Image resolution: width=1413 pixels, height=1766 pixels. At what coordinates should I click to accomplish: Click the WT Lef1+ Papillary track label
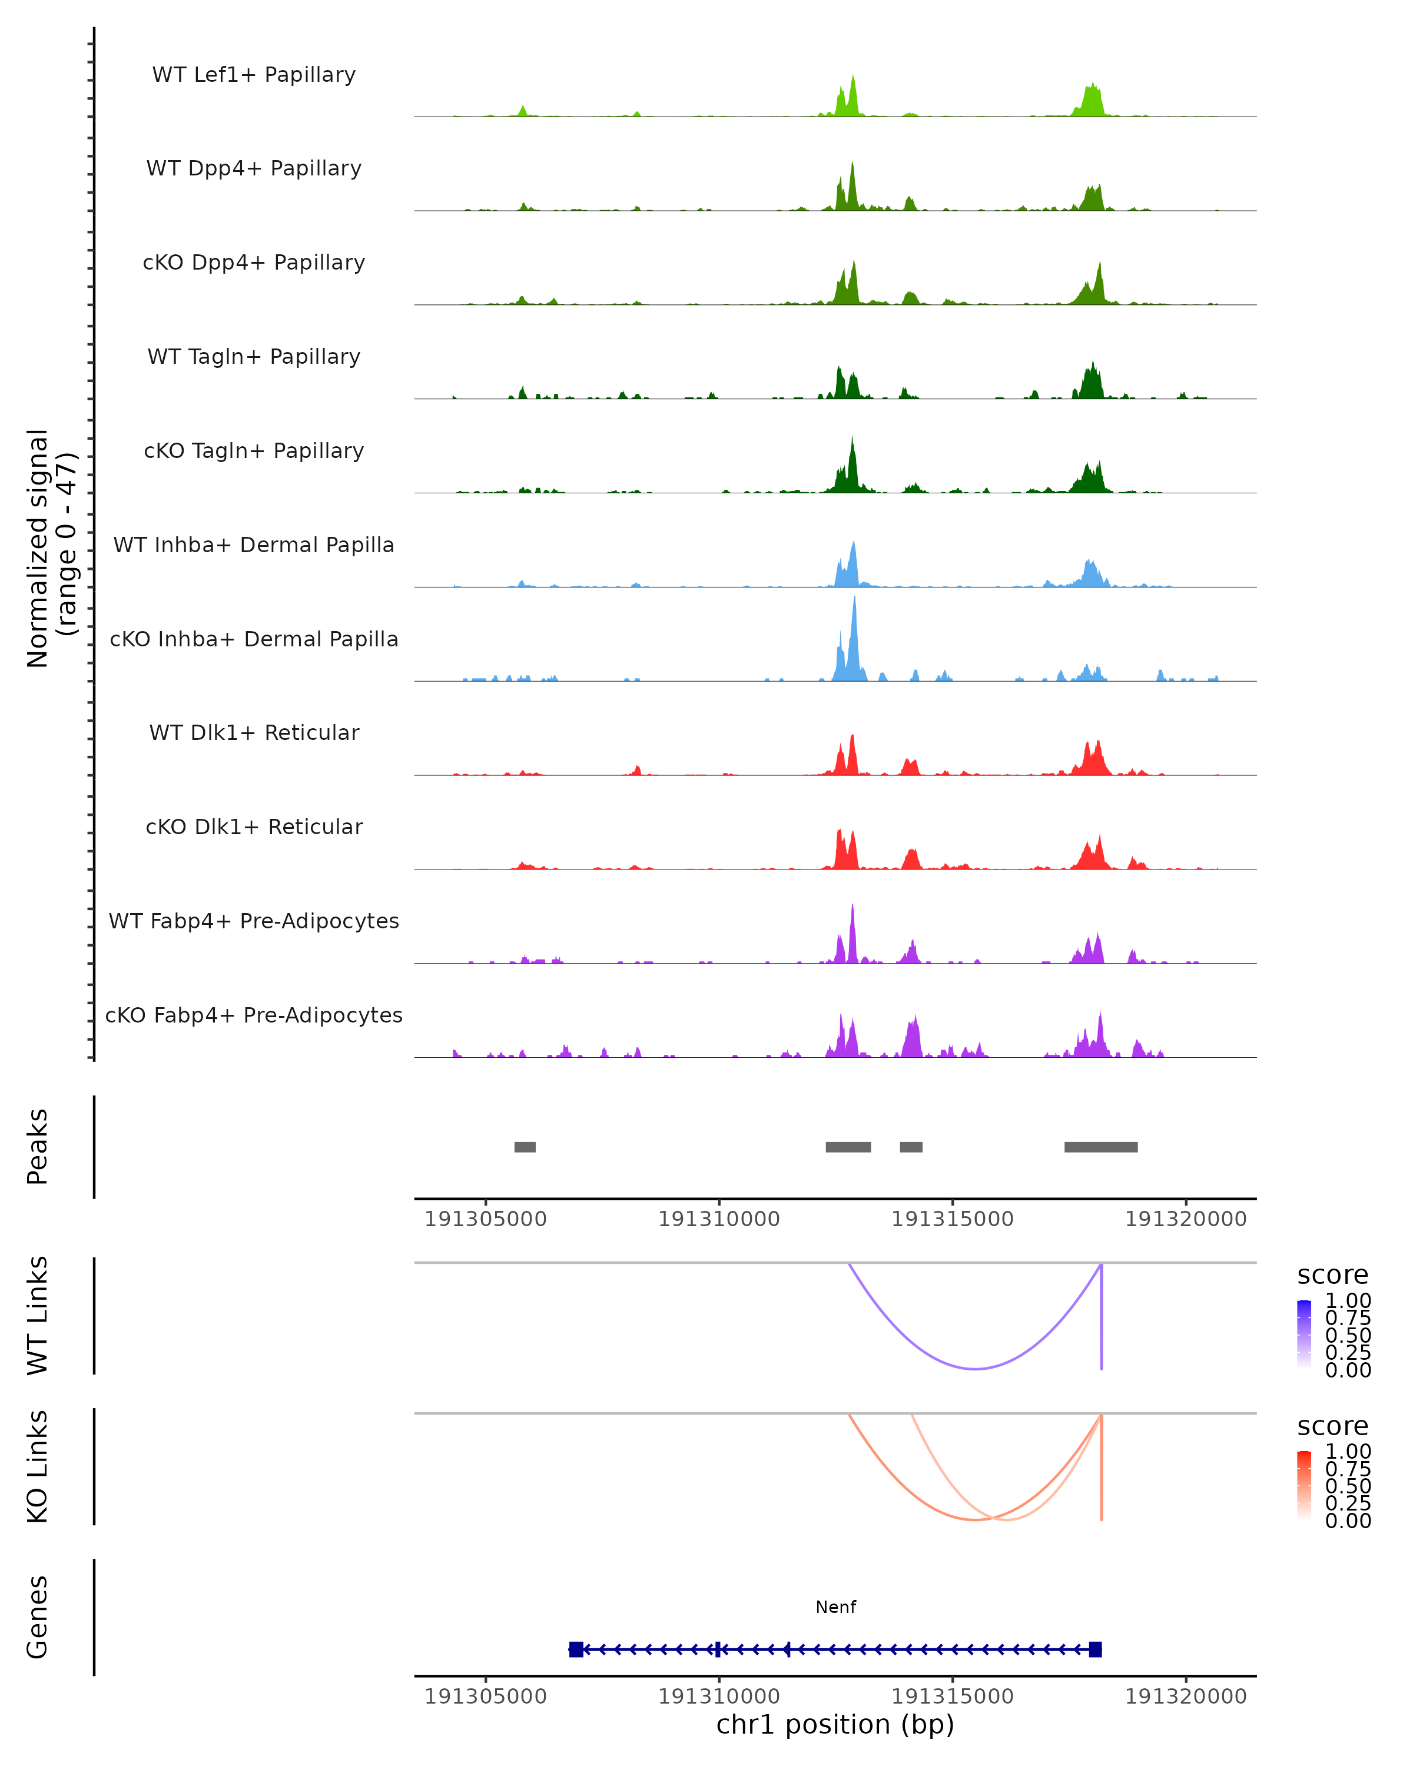[x=254, y=75]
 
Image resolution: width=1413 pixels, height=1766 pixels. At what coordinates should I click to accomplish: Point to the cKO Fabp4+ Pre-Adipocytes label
[x=254, y=1015]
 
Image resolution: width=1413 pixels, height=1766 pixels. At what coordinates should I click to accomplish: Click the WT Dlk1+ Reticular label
[x=254, y=732]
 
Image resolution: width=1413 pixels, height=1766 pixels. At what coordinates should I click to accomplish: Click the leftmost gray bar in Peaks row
[x=525, y=1147]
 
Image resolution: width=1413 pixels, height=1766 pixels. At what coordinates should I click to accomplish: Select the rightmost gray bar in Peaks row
[x=1100, y=1147]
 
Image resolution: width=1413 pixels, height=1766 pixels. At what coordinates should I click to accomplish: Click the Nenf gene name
[x=835, y=1607]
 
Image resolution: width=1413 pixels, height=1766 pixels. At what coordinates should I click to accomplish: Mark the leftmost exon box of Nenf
[x=576, y=1649]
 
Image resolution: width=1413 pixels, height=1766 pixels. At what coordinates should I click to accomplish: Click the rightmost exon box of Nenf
[x=1095, y=1649]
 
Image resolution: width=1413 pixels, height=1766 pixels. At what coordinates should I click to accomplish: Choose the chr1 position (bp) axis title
[x=835, y=1724]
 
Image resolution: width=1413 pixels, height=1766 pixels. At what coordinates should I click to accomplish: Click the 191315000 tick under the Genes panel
[x=952, y=1695]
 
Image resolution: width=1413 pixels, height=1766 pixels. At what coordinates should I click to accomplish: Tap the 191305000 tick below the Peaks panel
[x=485, y=1219]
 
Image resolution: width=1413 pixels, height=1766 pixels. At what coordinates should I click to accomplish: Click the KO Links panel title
[x=38, y=1466]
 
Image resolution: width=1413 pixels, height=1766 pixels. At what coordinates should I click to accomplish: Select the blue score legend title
[x=1333, y=1274]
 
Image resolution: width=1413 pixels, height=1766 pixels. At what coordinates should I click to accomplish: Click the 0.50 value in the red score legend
[x=1348, y=1486]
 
